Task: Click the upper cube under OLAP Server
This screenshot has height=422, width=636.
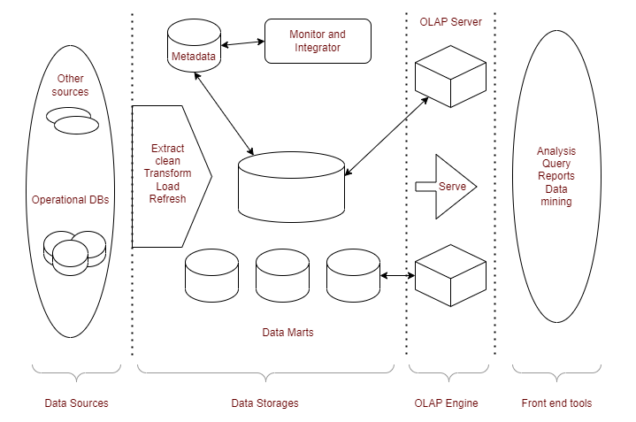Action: point(451,76)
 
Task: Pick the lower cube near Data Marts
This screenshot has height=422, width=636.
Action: point(451,275)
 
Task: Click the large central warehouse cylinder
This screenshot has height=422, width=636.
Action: point(290,187)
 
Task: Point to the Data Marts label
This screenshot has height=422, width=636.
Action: point(287,334)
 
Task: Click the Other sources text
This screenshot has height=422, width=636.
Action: point(70,85)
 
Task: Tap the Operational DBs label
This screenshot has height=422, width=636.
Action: point(70,200)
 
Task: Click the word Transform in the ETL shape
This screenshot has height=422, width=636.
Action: point(167,173)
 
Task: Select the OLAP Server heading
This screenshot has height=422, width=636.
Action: point(449,21)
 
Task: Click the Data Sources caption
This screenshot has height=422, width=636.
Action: point(76,403)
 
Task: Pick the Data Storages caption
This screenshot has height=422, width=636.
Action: point(264,403)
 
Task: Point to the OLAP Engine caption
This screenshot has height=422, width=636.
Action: point(446,403)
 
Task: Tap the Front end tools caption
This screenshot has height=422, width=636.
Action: point(556,403)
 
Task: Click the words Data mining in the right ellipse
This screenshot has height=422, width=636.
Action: point(556,196)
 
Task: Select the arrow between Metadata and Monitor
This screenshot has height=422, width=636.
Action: point(241,42)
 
